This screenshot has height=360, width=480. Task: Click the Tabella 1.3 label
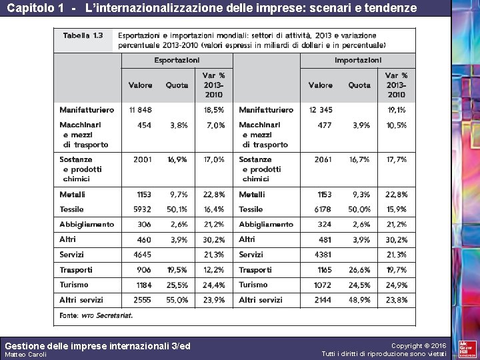tap(79, 35)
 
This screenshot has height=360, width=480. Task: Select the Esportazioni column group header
tap(177, 60)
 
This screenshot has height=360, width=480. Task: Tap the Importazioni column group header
tap(358, 60)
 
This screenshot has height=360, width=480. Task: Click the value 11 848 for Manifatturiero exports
tap(140, 109)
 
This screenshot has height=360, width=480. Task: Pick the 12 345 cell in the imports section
tap(321, 109)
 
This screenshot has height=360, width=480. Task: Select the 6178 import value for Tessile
tap(321, 209)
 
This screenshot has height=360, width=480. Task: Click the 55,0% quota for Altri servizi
tap(177, 300)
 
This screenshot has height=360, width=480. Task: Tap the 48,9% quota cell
tap(359, 300)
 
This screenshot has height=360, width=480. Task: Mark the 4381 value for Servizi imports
tap(321, 255)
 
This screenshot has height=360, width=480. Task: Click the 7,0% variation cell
tap(215, 125)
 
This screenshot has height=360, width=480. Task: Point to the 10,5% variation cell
tap(397, 125)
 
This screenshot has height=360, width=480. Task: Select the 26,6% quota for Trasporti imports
tap(359, 270)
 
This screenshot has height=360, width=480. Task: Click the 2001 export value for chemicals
tap(142, 160)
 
